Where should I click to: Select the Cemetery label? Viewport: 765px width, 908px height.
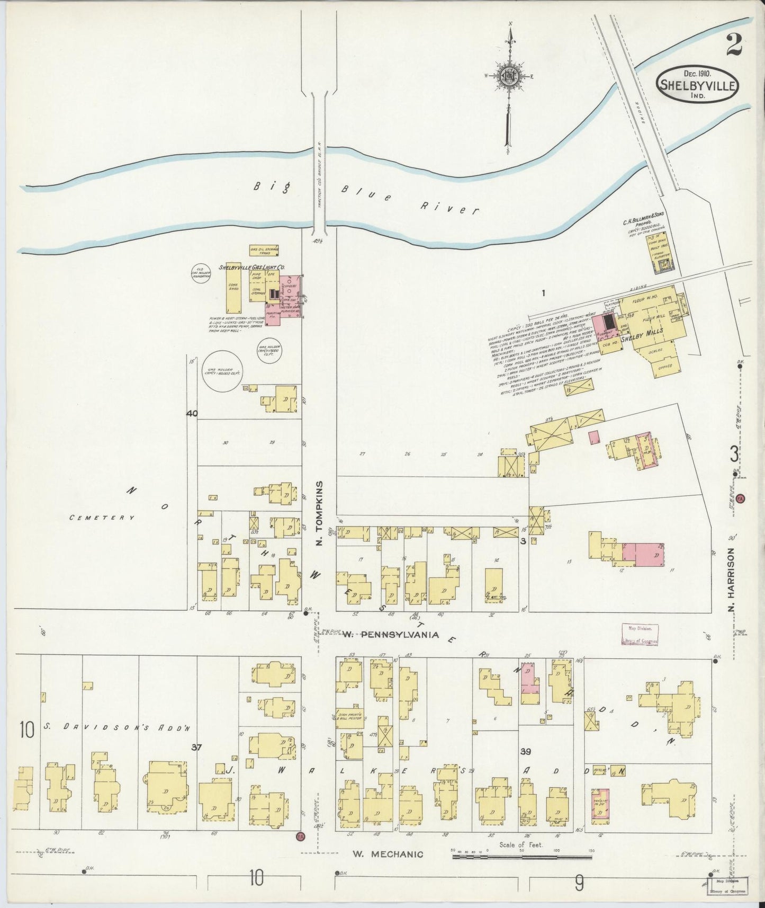click(102, 517)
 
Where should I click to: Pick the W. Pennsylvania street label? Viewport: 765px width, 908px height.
click(390, 634)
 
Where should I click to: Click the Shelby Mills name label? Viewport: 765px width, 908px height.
click(642, 338)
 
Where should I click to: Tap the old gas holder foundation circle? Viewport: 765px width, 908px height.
click(201, 273)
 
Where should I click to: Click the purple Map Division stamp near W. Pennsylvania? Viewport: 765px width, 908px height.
click(640, 634)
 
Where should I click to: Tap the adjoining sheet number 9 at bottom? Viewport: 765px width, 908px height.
click(580, 882)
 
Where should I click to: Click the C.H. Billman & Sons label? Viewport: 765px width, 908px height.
click(643, 216)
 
